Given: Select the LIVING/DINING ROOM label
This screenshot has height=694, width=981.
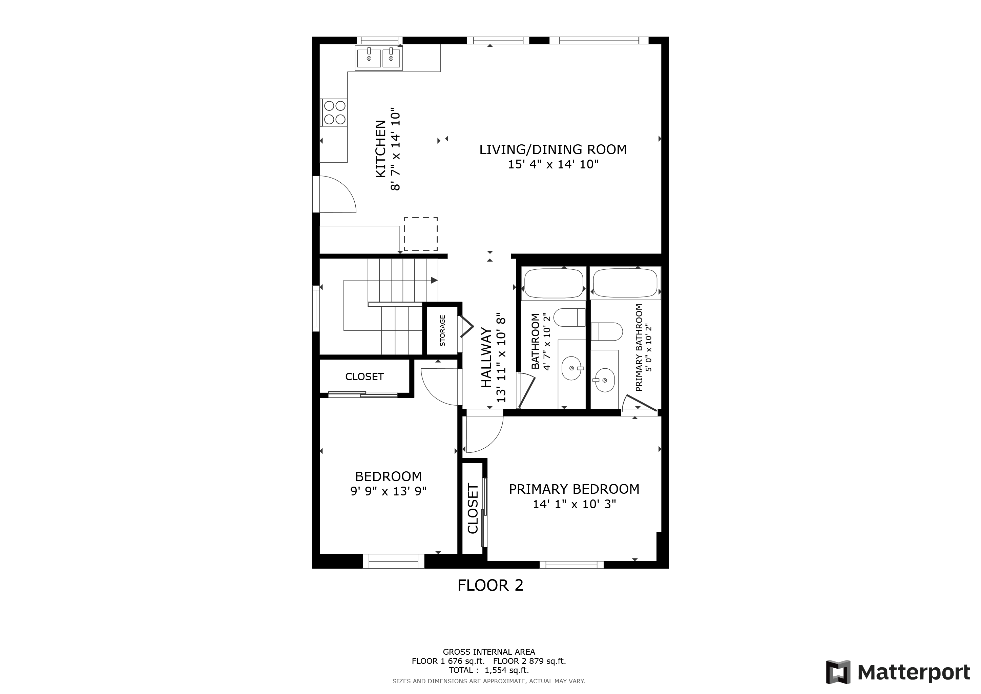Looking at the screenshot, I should (x=553, y=149).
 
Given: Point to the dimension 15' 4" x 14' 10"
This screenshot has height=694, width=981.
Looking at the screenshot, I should (x=553, y=165).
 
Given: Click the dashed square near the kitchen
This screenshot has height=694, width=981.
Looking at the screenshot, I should (x=420, y=234).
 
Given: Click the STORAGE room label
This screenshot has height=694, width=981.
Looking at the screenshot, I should (x=442, y=330).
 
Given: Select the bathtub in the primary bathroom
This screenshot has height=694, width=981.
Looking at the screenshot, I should (x=625, y=283).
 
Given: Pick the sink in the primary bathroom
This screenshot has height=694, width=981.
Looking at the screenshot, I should (x=605, y=380).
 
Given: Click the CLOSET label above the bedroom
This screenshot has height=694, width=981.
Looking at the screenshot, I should (x=364, y=376).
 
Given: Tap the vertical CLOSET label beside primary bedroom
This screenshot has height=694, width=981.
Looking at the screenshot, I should (x=473, y=509).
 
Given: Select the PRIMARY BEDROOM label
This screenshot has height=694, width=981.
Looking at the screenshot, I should (x=574, y=489).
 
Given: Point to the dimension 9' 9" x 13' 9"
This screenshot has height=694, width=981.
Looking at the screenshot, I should (x=389, y=491).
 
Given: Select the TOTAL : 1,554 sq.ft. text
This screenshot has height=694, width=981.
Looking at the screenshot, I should (x=488, y=671).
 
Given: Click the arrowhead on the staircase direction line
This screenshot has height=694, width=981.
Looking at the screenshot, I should (x=434, y=280).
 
